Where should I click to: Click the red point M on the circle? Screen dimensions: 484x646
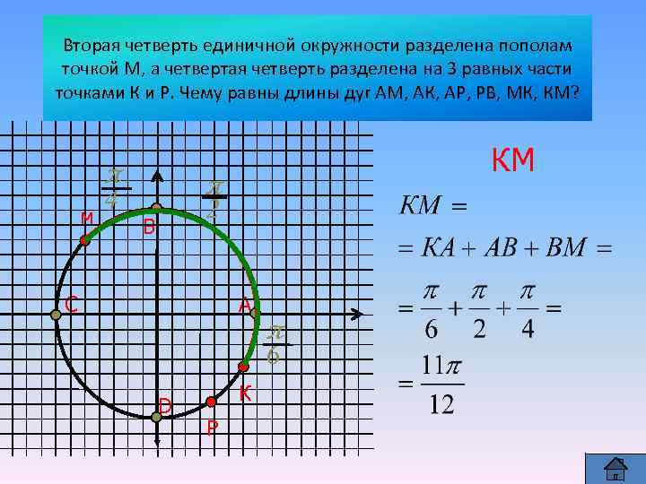tap(85, 241)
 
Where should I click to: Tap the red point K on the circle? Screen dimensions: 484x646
tap(243, 367)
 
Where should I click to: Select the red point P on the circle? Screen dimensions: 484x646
tap(211, 402)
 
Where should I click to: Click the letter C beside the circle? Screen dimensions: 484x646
tap(68, 305)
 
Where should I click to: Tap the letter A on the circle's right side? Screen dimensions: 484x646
tap(244, 306)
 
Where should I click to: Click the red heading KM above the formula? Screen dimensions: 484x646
tap(513, 160)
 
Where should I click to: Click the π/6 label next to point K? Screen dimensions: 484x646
tap(276, 345)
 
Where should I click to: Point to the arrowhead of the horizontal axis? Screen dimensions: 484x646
tap(357, 314)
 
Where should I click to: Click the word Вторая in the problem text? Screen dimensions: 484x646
tap(92, 45)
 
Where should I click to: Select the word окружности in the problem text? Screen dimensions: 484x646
tap(341, 45)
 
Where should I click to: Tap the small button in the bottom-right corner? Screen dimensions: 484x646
tap(615, 467)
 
